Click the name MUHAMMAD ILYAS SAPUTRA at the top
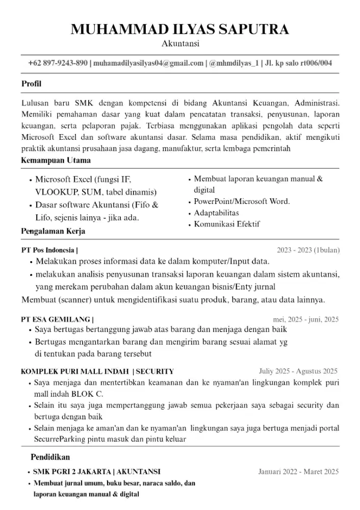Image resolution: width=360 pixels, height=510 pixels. click(179, 29)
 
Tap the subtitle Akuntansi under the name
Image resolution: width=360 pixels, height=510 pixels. click(180, 44)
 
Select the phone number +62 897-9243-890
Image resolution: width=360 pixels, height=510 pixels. click(58, 63)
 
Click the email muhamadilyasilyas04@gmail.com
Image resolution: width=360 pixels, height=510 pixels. click(148, 63)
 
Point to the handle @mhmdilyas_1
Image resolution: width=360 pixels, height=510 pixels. click(234, 63)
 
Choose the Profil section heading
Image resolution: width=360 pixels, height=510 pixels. click(31, 84)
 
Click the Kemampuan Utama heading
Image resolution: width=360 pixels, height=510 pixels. click(56, 160)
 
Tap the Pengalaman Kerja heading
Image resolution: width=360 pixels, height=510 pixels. click(53, 231)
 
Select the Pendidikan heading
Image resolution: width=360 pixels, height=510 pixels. click(50, 456)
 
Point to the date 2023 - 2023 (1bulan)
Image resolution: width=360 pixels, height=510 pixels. click(308, 250)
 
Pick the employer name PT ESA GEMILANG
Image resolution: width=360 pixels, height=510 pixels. click(55, 320)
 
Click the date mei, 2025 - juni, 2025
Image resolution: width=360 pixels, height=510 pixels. click(306, 320)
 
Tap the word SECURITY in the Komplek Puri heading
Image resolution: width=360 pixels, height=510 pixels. click(155, 371)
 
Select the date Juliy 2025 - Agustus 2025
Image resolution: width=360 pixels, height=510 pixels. click(298, 371)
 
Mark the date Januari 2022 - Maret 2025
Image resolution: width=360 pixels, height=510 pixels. click(298, 472)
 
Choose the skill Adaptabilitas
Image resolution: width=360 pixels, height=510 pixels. click(216, 213)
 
